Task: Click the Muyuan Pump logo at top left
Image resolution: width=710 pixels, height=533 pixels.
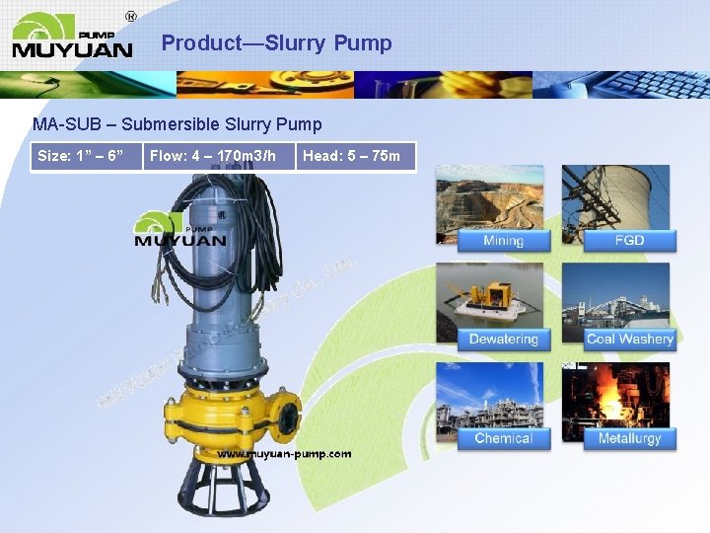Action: pos(72,36)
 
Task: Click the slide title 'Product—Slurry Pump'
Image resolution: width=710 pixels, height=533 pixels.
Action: pos(276,43)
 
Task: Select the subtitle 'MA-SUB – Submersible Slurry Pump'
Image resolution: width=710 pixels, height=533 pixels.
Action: pos(177,124)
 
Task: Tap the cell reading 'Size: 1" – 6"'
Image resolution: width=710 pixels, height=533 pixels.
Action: pos(86,156)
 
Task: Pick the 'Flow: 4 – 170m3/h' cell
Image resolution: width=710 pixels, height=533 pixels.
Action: pos(219,156)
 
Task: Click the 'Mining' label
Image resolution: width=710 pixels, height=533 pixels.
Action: pos(503,241)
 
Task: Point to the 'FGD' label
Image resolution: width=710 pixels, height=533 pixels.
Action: pos(629,241)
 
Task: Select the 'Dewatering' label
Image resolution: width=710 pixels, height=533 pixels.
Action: pos(503,340)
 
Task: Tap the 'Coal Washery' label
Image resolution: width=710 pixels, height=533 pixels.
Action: pos(629,340)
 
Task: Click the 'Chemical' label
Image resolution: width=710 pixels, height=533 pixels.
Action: pos(503,438)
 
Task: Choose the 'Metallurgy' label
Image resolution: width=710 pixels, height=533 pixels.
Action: pos(629,438)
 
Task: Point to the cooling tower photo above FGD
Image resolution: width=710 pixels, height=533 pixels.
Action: pos(616,197)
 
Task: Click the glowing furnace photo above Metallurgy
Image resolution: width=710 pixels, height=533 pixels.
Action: pos(616,395)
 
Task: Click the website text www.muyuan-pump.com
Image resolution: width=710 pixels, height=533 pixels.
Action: pos(284,454)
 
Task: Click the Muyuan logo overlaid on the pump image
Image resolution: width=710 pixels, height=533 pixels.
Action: pos(180,230)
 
